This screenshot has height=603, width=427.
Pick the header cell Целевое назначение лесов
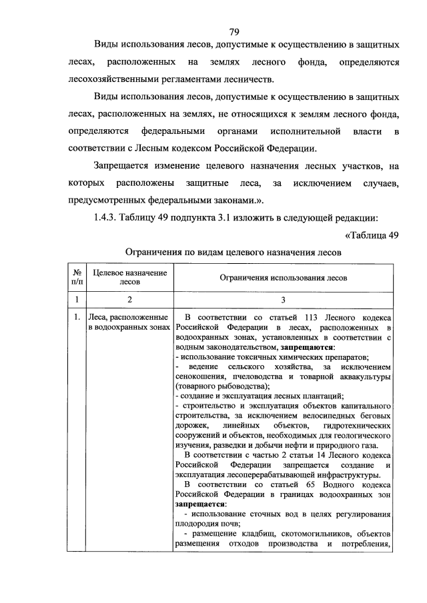[x=129, y=277]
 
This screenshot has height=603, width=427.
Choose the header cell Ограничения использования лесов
[x=284, y=277]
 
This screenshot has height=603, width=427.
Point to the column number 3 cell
[x=284, y=300]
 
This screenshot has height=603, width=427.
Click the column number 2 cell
[x=129, y=300]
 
